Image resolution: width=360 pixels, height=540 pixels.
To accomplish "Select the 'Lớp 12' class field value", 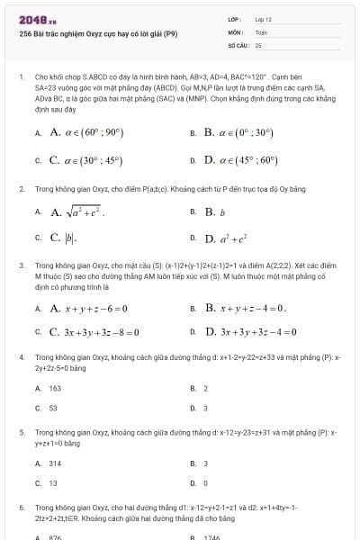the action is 263,19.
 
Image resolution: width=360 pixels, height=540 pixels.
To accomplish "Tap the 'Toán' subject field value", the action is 261,31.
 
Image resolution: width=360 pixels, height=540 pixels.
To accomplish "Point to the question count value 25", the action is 258,44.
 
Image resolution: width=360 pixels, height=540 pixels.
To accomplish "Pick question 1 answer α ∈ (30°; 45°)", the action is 85,160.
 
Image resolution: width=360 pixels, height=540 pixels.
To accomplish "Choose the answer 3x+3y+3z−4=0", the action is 249,331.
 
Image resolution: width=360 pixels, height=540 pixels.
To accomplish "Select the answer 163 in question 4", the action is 55,388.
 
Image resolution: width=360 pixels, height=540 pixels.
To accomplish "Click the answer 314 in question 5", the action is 55,463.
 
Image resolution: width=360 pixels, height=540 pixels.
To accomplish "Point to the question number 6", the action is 21,507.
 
